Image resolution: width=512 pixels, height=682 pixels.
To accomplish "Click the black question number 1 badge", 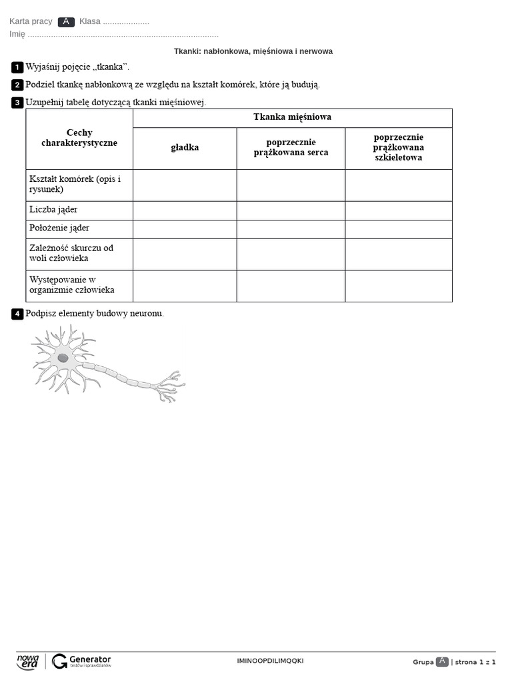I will pos(17,67).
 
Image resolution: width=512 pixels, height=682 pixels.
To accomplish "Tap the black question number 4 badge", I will pos(17,314).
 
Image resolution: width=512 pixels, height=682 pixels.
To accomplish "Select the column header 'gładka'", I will pos(185,148).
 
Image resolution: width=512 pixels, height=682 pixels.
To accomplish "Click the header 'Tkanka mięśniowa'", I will pos(292,117).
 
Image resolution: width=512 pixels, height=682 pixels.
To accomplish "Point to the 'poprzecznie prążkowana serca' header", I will pos(291,148).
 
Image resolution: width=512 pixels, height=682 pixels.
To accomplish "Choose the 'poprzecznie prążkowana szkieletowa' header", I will pos(399,148).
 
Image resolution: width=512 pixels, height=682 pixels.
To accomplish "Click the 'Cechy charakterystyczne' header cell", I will pos(79,139).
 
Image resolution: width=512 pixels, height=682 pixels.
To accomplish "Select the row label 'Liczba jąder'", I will pos(53,210).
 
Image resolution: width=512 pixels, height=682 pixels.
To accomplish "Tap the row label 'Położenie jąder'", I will pos(59,228).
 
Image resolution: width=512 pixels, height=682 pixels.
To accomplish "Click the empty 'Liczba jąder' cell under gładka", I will pos(185,210).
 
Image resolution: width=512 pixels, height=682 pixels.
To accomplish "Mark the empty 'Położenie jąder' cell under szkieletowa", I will pos(399,229).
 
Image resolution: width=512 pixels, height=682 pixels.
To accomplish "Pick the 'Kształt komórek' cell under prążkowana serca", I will pos(291,185).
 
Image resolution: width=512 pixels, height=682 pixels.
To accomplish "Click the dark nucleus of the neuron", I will pos(63,358).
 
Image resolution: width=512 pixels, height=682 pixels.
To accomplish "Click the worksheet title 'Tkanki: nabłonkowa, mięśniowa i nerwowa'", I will pos(253,51).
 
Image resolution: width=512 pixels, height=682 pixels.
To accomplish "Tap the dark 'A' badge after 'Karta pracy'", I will pos(66,22).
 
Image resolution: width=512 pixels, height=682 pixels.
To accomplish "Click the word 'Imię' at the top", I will pos(17,35).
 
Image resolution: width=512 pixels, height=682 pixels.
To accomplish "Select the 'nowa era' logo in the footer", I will pos(28,661).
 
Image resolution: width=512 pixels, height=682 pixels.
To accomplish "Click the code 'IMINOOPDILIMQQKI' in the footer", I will pos(270,661).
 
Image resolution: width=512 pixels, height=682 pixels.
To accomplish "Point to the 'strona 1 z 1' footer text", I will pos(475,662).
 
